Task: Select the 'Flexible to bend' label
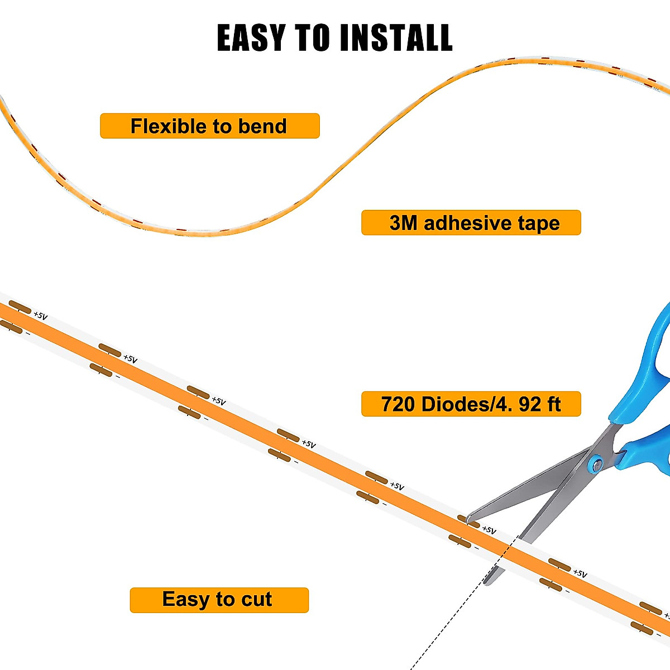[209, 126]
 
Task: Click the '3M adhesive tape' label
[471, 223]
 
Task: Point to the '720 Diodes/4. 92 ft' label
[471, 404]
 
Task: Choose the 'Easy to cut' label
[219, 600]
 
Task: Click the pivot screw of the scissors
[597, 463]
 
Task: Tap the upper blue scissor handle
[648, 368]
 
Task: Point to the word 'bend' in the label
[262, 126]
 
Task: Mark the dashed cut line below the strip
[447, 625]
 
